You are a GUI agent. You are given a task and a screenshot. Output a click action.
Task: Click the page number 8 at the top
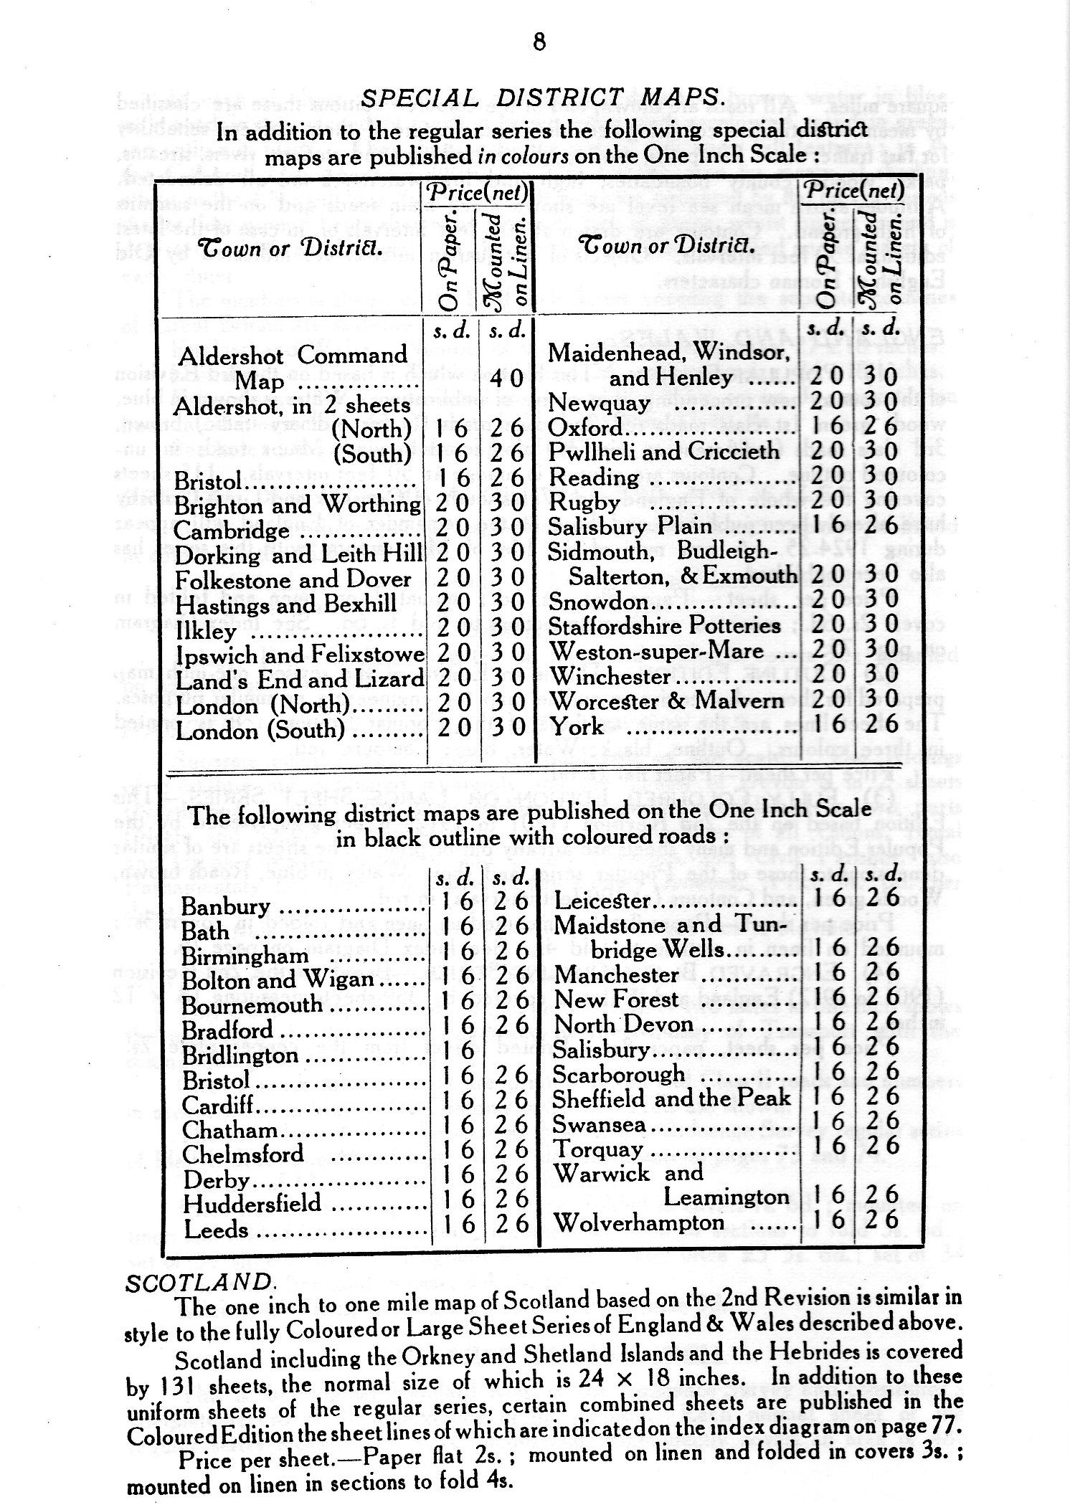tap(539, 42)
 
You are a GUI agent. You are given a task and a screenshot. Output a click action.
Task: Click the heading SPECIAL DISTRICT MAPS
tap(541, 98)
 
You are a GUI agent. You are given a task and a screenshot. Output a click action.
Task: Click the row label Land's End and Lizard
tap(300, 679)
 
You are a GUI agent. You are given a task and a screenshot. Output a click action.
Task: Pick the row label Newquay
tap(598, 403)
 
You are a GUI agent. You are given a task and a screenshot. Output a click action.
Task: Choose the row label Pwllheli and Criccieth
tap(663, 452)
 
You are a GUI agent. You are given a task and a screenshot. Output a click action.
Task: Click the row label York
tap(576, 727)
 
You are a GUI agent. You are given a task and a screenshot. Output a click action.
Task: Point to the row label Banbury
tap(225, 906)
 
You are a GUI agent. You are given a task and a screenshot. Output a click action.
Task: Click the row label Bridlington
tap(240, 1055)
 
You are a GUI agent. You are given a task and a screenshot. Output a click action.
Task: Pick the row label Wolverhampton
tap(639, 1222)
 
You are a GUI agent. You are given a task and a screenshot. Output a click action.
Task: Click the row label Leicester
tap(602, 901)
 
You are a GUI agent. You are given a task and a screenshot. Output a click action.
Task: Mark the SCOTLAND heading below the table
tap(198, 1282)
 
